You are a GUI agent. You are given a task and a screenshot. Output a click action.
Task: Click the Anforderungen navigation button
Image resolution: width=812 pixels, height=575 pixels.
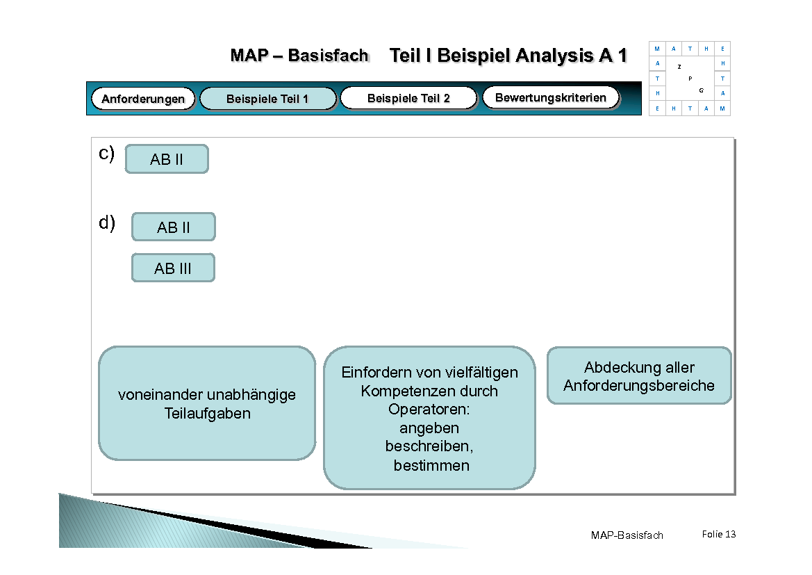tap(143, 99)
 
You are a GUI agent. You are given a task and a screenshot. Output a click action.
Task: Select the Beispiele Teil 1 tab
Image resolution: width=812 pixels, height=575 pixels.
tap(267, 99)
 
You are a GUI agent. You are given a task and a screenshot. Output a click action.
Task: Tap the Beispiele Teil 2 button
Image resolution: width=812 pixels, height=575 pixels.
tap(408, 98)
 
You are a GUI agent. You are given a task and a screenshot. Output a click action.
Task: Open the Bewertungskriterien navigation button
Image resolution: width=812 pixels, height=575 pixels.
tap(550, 97)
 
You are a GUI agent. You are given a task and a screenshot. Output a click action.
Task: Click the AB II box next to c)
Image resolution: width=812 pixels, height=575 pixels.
tap(167, 159)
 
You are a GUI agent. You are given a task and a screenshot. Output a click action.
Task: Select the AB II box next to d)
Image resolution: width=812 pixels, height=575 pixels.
tap(174, 227)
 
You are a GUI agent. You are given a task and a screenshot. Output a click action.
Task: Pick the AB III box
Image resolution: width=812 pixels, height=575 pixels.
tap(173, 268)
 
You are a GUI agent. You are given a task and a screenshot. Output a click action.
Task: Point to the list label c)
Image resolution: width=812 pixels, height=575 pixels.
tap(106, 154)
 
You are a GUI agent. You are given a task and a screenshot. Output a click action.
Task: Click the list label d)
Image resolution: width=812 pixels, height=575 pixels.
tap(107, 223)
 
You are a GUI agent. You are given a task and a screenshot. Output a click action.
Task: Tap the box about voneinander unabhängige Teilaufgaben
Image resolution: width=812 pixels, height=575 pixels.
tap(207, 404)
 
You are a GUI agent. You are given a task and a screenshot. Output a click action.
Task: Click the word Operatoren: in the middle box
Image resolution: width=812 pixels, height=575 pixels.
tap(429, 410)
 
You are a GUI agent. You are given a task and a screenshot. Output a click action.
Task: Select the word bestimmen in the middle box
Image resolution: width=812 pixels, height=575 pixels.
tap(431, 466)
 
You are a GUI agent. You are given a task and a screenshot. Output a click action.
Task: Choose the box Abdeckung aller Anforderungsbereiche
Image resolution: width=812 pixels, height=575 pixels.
tap(639, 376)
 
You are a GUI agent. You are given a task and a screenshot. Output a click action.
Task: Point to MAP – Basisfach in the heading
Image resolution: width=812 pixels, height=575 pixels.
tap(299, 56)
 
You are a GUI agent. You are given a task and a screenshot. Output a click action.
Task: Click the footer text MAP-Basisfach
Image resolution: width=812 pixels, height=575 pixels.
tap(627, 535)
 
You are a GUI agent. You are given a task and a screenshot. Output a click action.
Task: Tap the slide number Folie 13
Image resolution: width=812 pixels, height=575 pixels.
tap(719, 534)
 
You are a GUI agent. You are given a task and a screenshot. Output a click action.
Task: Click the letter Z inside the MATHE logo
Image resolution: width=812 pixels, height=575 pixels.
tap(679, 67)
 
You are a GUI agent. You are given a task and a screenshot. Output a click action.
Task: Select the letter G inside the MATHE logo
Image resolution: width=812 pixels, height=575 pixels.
tap(702, 90)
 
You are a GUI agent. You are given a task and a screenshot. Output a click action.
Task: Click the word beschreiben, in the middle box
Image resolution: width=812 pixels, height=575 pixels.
tap(429, 446)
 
